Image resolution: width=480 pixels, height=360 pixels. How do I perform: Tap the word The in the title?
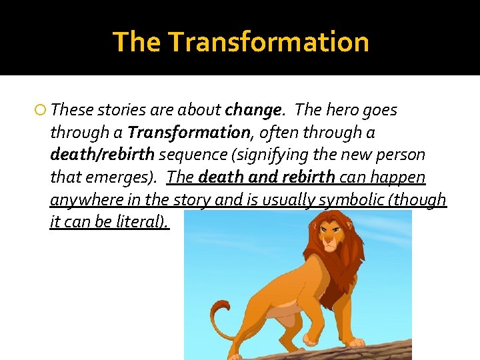click(137, 41)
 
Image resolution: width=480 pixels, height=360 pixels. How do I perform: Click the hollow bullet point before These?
click(41, 109)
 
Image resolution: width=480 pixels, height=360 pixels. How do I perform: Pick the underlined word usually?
click(290, 200)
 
